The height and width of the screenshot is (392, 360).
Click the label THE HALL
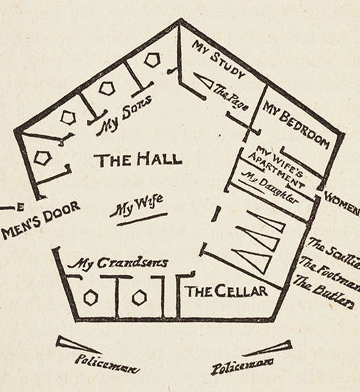click(138, 160)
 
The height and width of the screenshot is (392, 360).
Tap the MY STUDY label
click(218, 60)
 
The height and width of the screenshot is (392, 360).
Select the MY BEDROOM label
click(296, 122)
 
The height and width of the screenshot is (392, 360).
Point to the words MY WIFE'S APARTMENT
click(277, 164)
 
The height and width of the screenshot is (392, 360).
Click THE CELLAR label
click(226, 291)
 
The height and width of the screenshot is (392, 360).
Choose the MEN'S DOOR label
click(41, 219)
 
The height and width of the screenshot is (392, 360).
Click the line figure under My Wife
click(142, 219)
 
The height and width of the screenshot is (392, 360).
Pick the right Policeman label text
click(241, 368)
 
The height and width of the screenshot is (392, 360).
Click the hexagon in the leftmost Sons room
click(43, 158)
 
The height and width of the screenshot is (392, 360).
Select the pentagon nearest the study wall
click(152, 60)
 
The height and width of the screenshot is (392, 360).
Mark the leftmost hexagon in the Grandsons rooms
click(91, 297)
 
